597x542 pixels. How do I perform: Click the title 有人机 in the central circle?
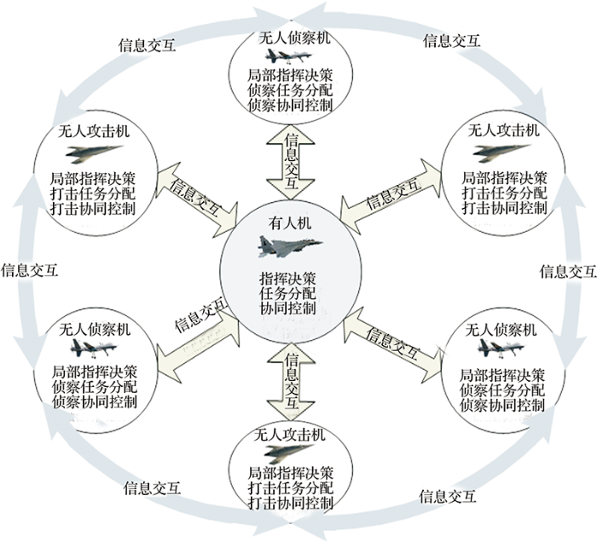(290, 223)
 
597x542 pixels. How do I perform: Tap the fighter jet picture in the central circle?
(290, 246)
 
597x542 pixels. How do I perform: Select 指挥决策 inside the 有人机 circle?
(290, 278)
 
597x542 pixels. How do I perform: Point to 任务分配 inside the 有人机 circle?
(290, 292)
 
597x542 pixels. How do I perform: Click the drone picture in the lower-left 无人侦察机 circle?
(91, 348)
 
